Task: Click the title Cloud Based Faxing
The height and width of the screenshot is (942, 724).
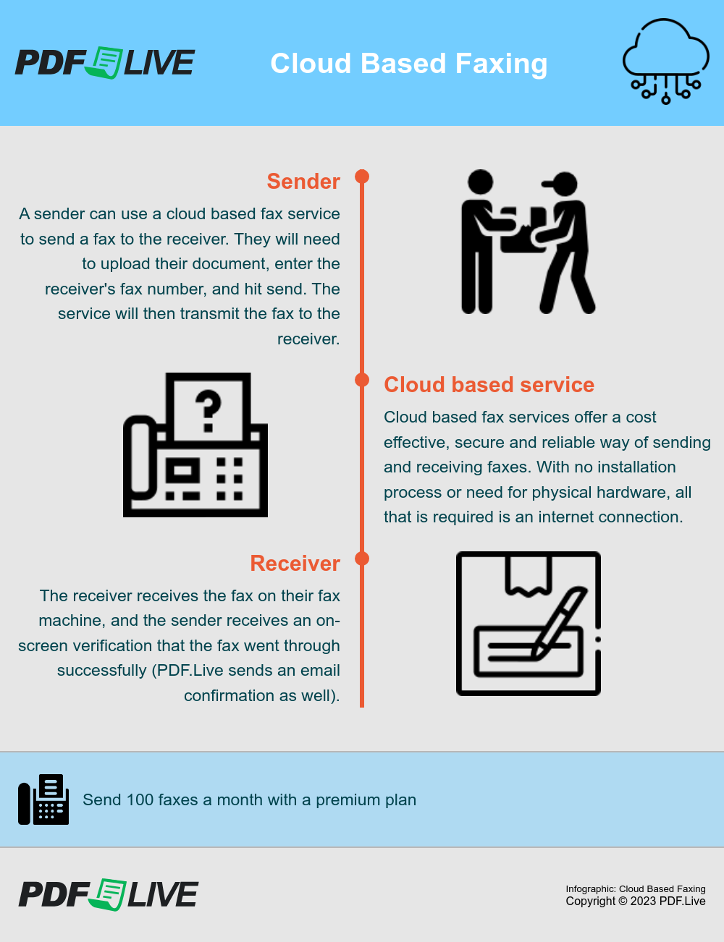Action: (x=408, y=64)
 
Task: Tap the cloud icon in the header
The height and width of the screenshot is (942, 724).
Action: (x=665, y=59)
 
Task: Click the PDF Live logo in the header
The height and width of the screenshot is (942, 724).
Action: (x=105, y=63)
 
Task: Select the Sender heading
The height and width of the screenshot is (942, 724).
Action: (x=303, y=182)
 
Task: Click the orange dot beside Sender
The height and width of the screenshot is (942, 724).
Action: (x=362, y=177)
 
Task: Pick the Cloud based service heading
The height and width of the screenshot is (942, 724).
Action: (x=489, y=385)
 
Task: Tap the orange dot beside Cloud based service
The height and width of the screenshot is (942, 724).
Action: (x=362, y=380)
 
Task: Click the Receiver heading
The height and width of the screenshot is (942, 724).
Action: (x=295, y=564)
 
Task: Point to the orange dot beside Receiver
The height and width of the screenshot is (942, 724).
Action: (x=362, y=559)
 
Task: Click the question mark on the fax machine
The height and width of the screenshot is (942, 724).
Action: (x=209, y=410)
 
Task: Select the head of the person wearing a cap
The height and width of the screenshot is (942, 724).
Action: (x=563, y=184)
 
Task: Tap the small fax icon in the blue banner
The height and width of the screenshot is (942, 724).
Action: (x=43, y=799)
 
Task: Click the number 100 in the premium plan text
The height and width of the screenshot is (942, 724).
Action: (x=140, y=800)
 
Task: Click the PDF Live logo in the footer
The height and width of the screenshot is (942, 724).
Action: (x=108, y=894)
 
